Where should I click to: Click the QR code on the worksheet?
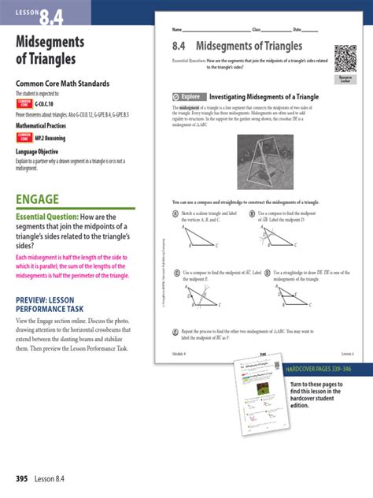tap(345, 58)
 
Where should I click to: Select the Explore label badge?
tap(189, 97)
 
